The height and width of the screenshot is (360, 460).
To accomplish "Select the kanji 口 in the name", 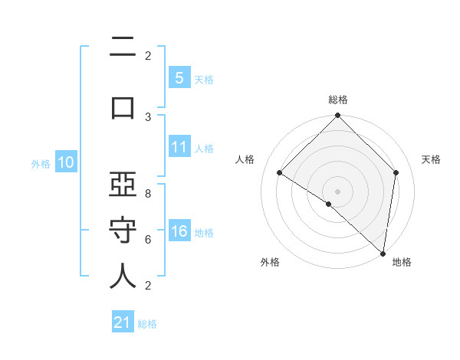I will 123,106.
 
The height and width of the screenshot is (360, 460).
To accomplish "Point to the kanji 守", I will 123,230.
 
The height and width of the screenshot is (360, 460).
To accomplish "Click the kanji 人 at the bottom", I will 123,277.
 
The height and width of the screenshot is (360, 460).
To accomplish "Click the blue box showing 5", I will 179,78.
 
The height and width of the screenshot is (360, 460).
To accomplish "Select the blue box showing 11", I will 179,147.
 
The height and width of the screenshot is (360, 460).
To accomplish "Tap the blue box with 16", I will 179,231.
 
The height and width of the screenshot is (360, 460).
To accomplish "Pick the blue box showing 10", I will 65,162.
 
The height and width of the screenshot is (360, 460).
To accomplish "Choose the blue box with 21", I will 123,322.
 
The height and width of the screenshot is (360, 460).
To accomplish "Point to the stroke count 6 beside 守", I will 148,239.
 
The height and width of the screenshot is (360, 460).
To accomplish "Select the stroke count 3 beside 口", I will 148,116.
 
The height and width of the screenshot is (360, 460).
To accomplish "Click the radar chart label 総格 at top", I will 338,100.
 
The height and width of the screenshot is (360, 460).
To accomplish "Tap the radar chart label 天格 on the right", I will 432,159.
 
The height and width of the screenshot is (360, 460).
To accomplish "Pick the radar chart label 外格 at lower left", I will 270,262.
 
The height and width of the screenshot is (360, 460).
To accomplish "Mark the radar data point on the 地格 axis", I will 383,253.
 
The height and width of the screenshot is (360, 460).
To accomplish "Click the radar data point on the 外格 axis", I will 329,204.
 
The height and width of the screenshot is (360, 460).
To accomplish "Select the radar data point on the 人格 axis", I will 280,172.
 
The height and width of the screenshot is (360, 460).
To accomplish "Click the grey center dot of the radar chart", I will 338,191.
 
